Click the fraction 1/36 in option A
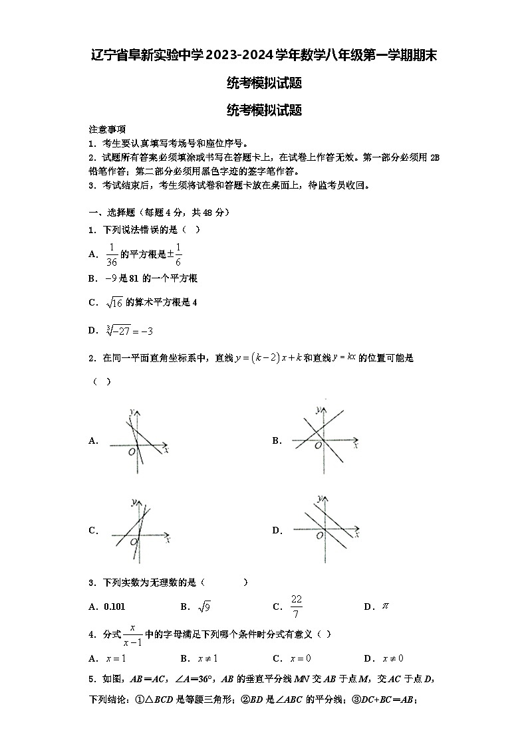pos(112,254)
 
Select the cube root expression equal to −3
pos(129,330)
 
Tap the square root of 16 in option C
pos(114,303)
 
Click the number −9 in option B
pos(111,278)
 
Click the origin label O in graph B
pos(319,444)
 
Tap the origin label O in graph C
pos(134,542)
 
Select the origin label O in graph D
pos(320,535)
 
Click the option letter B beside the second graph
pos(277,440)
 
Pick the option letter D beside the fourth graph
pos(277,530)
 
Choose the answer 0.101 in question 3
pos(115,606)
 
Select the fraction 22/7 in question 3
pos(297,606)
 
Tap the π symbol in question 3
pos(384,606)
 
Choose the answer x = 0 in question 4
pos(301,658)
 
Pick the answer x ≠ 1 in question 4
pos(208,658)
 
